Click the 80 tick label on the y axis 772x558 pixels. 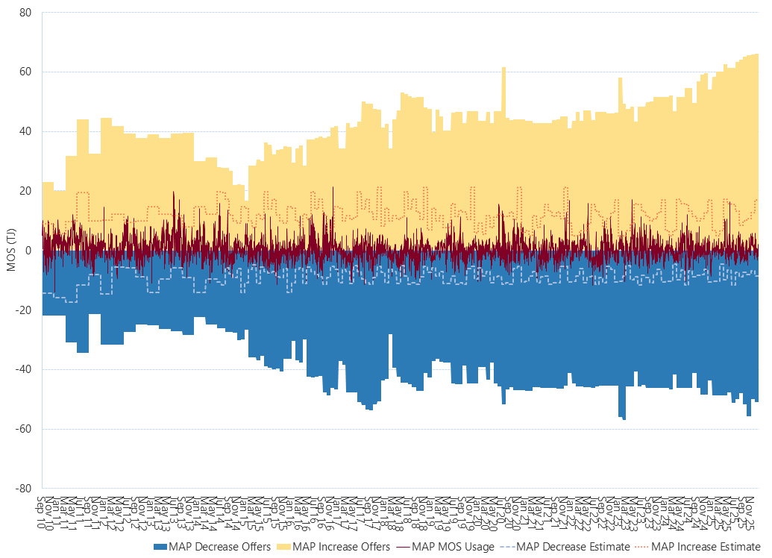pos(25,13)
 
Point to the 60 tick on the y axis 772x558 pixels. pos(25,72)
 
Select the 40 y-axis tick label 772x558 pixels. pos(25,132)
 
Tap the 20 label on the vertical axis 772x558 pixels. pos(25,191)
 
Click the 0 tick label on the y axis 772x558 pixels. pos(28,251)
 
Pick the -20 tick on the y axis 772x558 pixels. pos(24,310)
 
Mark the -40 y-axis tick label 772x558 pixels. pos(24,369)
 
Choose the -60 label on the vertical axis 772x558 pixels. pos(24,429)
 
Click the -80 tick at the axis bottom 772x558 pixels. pos(24,489)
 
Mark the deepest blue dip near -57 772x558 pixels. pos(624,418)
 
